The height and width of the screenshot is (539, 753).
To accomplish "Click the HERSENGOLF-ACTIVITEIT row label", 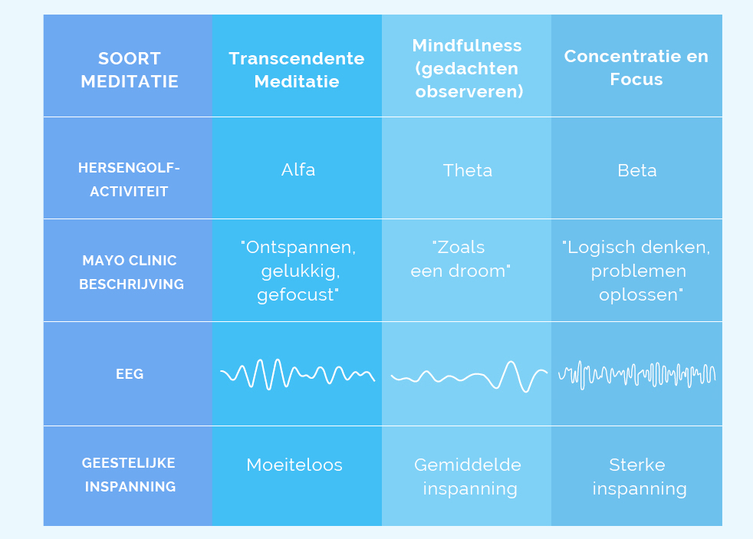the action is [129, 179].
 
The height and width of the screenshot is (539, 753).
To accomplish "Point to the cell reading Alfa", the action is [298, 169].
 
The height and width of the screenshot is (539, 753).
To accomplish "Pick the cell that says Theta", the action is [468, 170].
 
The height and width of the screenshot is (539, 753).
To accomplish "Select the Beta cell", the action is [636, 170].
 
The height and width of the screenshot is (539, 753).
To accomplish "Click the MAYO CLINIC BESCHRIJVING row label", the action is [131, 272].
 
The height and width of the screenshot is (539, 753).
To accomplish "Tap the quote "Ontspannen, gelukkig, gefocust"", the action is [298, 271].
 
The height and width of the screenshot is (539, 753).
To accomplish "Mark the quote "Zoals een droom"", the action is [460, 259].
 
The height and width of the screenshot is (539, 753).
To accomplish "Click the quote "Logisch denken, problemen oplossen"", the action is [636, 271].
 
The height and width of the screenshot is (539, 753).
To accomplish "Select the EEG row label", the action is [130, 374].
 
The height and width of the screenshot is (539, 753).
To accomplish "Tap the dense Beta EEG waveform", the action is [636, 375].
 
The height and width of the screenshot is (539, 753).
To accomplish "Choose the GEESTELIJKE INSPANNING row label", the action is [130, 475].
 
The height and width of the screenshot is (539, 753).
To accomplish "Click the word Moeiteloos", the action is [294, 465].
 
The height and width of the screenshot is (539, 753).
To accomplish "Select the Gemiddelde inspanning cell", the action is [469, 477].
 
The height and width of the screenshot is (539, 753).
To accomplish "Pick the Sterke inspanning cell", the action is [639, 477].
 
